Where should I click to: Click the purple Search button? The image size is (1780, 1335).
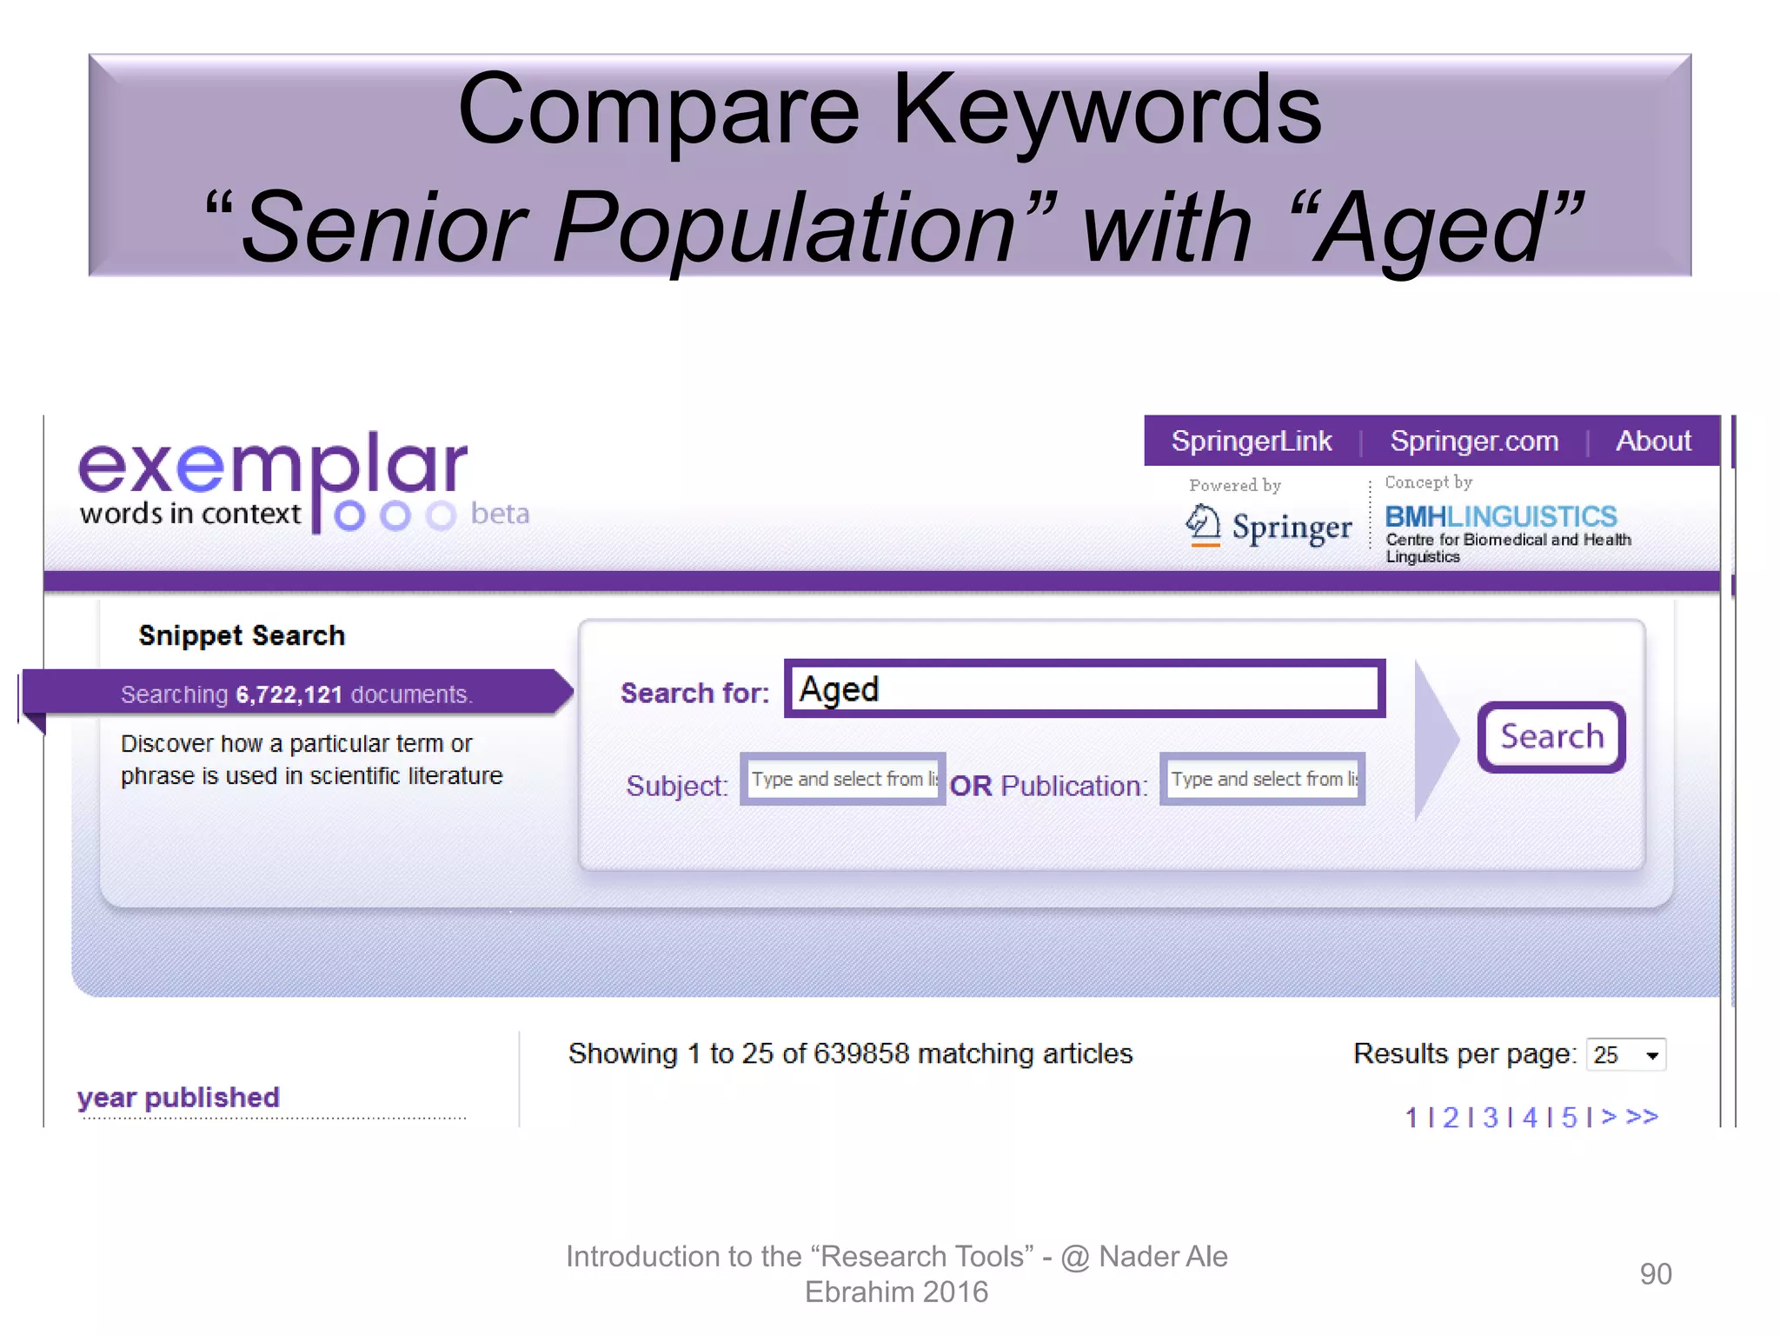(x=1551, y=737)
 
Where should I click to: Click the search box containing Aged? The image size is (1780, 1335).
(x=1084, y=689)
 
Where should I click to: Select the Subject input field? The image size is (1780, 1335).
(x=842, y=779)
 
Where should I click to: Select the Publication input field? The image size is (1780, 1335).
(x=1262, y=779)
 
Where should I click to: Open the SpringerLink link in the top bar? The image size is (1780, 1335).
(x=1251, y=442)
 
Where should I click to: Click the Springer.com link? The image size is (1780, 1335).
(x=1474, y=442)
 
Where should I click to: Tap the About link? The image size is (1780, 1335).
(x=1653, y=442)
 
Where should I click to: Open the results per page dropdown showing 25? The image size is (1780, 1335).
(x=1625, y=1055)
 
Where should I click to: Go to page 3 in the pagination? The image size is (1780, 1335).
(x=1490, y=1117)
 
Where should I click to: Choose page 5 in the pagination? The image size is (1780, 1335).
(x=1569, y=1117)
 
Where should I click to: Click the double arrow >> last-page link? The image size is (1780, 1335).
(x=1642, y=1116)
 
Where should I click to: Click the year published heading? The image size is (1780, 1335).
(x=178, y=1097)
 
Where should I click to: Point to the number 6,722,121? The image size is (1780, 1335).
(x=289, y=694)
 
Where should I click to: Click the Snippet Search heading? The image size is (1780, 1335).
(x=242, y=635)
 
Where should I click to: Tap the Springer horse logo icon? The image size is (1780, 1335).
(x=1203, y=525)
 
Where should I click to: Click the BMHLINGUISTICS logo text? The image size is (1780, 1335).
(x=1500, y=517)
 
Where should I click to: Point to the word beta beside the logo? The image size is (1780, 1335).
(x=500, y=514)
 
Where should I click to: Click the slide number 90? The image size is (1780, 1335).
(x=1655, y=1274)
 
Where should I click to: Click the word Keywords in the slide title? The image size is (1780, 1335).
(x=1106, y=110)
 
